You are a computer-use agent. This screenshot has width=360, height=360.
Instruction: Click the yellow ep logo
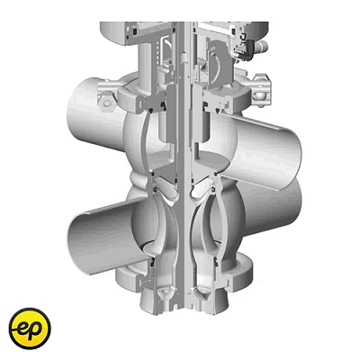[x=30, y=328]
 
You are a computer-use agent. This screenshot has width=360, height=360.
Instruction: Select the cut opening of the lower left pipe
[x=80, y=243]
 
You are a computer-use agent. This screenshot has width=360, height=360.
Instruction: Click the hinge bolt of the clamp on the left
[x=106, y=103]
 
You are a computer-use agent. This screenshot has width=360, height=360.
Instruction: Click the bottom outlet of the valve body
[x=184, y=303]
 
